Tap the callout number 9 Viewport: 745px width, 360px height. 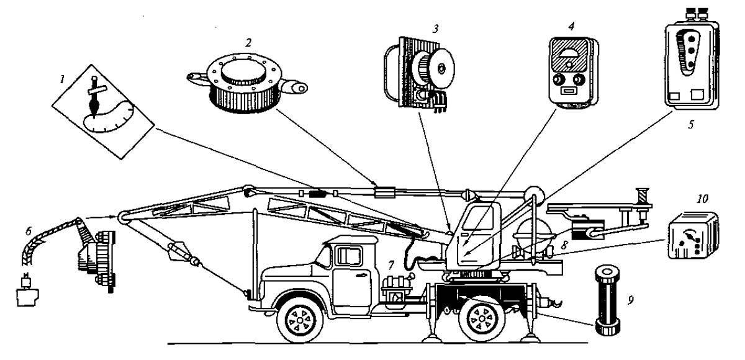click(631, 302)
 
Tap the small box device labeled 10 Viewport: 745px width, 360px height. click(692, 238)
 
